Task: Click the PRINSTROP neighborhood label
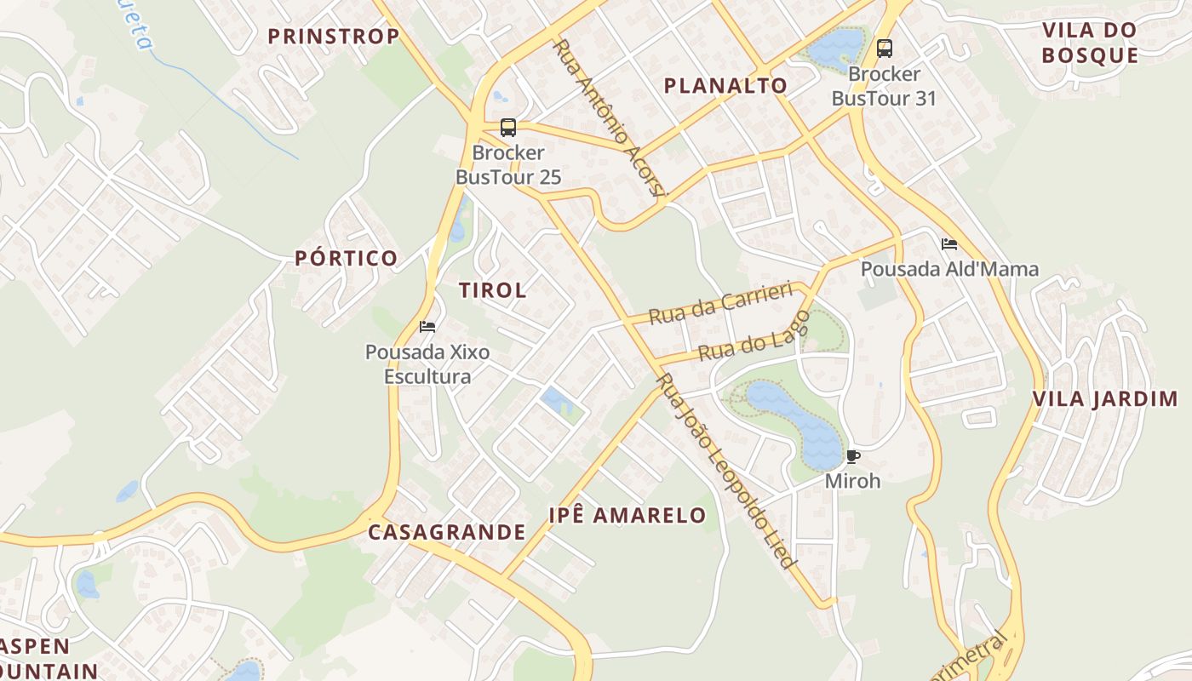point(334,36)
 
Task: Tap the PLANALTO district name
point(725,85)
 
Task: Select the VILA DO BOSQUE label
point(1090,43)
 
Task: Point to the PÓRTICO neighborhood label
point(347,258)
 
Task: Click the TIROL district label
point(493,289)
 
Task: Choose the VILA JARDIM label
point(1104,399)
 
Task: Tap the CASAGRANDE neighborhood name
point(447,532)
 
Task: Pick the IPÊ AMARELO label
point(628,515)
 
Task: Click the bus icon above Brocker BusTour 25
point(508,128)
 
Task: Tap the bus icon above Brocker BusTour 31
point(885,49)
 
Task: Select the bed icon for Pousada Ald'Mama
point(949,244)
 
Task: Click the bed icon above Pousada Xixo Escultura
point(427,327)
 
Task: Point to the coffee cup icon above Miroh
point(852,457)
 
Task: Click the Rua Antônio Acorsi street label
point(608,117)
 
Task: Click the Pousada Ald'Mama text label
point(949,269)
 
